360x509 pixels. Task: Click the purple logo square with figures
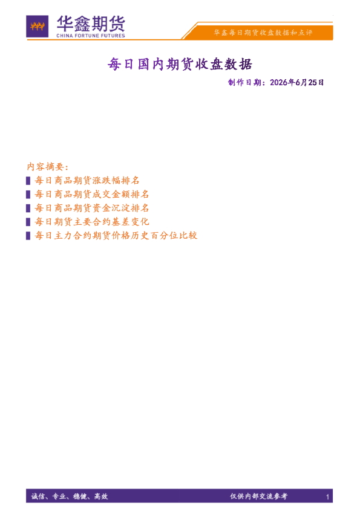(38, 26)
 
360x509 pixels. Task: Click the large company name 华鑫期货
(91, 24)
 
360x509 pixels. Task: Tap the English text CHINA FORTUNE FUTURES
(91, 36)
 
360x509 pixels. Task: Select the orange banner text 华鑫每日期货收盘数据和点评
(263, 33)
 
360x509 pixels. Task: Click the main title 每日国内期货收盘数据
(180, 64)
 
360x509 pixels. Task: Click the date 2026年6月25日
(296, 82)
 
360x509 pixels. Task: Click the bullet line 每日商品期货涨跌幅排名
(87, 181)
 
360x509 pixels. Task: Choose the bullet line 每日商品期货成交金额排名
(92, 194)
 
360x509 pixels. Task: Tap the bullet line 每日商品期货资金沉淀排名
(92, 208)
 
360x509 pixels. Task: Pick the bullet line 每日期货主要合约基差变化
(92, 222)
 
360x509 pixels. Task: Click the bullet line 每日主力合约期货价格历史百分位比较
(116, 235)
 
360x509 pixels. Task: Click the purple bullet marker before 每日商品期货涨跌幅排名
(28, 181)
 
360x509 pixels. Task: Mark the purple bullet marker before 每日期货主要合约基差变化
(28, 222)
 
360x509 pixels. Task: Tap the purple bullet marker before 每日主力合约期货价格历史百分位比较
(28, 235)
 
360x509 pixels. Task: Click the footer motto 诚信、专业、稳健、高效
(70, 496)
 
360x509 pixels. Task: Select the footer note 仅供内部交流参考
(258, 496)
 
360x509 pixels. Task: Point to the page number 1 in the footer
(327, 497)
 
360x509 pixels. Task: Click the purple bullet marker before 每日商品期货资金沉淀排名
(28, 208)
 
